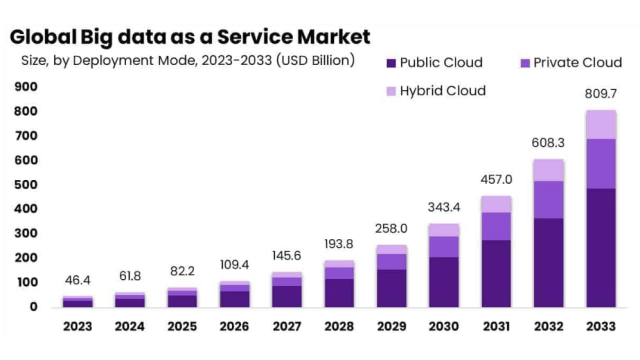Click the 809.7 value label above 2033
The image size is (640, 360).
coord(601,95)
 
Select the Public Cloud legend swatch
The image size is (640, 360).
coord(391,62)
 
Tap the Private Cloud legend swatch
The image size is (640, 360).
coord(524,62)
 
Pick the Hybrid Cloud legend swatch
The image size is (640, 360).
coord(391,91)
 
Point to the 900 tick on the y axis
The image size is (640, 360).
coord(26,86)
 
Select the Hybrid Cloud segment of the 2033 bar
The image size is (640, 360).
coord(601,124)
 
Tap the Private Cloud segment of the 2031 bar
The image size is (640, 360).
coord(496,226)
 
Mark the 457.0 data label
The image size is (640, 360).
coord(496,180)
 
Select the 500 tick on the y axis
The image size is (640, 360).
coord(26,184)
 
